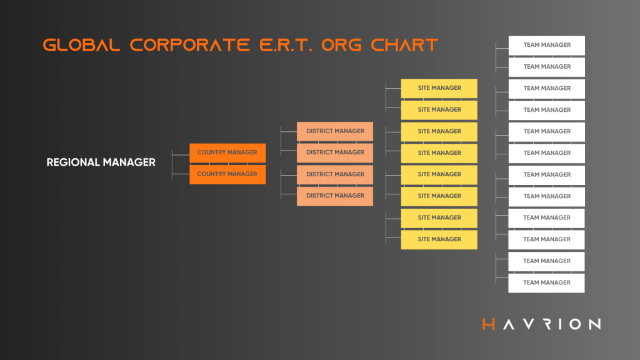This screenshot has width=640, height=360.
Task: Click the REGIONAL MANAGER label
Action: [101, 162]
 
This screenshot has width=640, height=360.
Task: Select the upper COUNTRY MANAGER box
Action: [227, 152]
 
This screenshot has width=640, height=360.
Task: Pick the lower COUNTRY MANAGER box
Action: [227, 174]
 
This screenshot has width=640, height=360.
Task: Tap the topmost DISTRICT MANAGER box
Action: [335, 131]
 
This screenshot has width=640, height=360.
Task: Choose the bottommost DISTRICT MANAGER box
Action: [335, 196]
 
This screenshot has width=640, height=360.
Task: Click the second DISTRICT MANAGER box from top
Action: [335, 152]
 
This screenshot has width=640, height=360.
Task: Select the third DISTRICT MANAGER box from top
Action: [335, 174]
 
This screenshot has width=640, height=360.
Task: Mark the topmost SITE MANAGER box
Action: [439, 88]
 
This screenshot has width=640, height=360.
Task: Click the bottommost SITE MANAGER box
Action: [439, 239]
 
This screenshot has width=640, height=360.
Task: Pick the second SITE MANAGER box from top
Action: [439, 110]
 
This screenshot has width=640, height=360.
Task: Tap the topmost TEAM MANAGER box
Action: [547, 45]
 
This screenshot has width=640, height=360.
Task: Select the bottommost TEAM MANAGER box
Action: [547, 282]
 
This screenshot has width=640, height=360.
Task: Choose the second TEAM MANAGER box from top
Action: [547, 67]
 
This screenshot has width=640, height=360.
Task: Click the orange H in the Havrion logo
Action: [489, 324]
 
